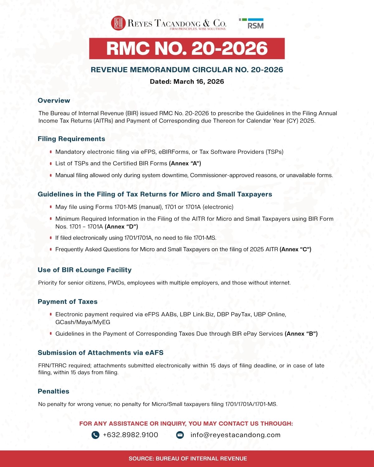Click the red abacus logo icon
point(118,23)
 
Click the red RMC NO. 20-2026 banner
point(187,49)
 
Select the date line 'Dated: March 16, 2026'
point(187,82)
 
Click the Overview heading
point(54,101)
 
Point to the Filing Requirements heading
point(71,139)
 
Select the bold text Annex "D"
point(121,227)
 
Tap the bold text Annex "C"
point(295,249)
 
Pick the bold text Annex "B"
point(301,334)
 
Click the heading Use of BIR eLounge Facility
point(84,270)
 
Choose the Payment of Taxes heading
point(68,302)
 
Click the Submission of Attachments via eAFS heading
point(100,353)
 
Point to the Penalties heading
point(53,391)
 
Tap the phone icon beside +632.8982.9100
point(95,435)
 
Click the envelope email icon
point(180,435)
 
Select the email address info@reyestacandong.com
point(235,435)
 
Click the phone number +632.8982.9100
point(131,435)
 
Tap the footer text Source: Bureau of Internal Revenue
point(188,459)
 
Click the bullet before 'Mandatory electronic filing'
point(50,152)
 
